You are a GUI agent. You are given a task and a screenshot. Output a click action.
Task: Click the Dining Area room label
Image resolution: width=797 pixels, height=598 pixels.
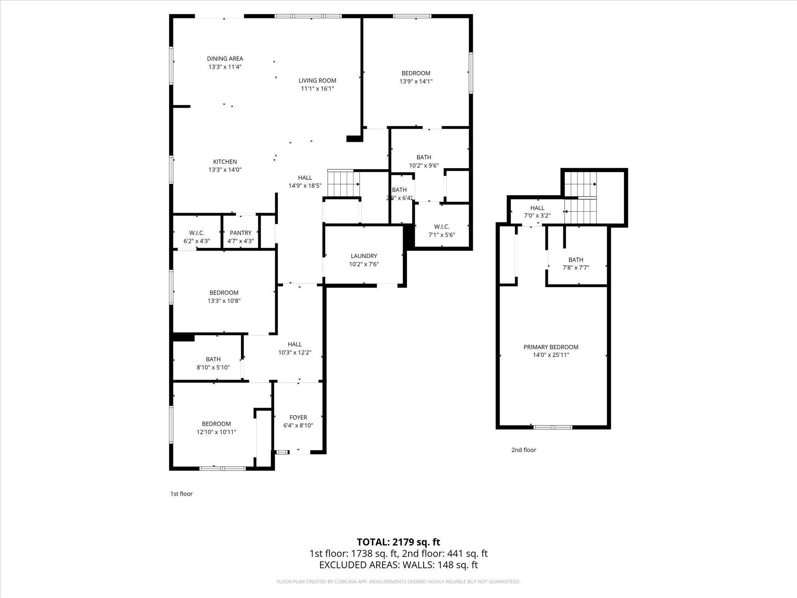[225, 59]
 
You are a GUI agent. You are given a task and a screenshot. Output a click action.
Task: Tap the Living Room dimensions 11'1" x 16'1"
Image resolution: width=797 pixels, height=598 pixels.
[317, 89]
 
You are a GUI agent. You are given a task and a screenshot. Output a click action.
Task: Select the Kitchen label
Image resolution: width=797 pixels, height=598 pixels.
[225, 161]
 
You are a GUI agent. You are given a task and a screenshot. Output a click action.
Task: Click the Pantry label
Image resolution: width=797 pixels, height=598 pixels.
[240, 233]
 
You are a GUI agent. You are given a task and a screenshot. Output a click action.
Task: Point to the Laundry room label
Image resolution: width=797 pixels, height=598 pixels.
[364, 256]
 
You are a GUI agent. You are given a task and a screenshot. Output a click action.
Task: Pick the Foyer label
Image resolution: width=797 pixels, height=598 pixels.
[298, 417]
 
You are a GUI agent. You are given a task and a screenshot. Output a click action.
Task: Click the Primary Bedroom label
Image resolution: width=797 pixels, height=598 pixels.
[551, 347]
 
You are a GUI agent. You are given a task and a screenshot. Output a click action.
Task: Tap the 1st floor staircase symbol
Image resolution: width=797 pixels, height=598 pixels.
[343, 184]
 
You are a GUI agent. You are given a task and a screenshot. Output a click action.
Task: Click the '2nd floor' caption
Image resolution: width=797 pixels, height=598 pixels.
[524, 450]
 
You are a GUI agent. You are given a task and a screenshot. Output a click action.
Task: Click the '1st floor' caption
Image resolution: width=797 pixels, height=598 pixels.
[181, 494]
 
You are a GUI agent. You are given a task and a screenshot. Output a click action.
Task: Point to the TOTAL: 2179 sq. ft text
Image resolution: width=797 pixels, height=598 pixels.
[398, 542]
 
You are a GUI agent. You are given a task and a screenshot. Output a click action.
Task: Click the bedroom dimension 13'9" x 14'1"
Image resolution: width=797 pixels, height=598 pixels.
[416, 81]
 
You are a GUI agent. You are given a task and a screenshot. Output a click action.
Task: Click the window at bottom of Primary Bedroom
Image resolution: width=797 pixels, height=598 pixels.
[552, 427]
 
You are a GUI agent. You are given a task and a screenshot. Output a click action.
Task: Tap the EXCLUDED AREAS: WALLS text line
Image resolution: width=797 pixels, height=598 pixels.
[398, 565]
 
